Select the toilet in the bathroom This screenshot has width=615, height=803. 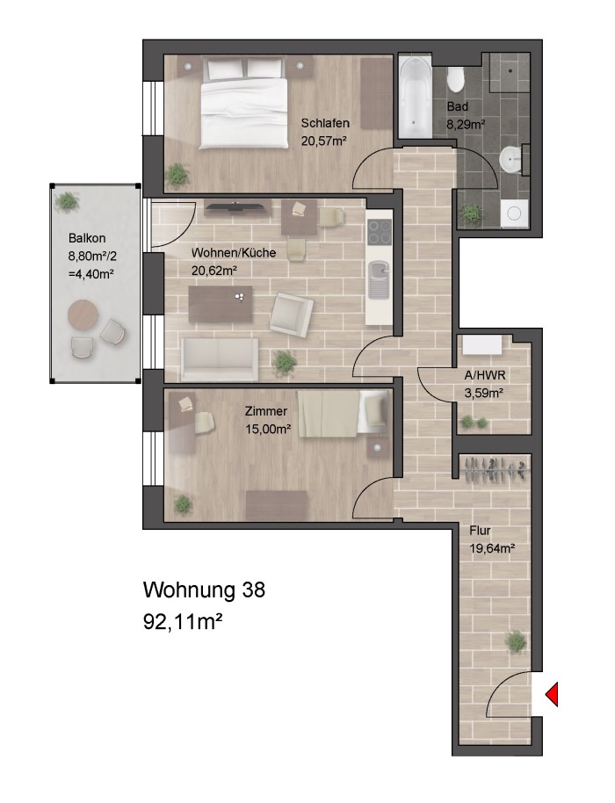[455, 80]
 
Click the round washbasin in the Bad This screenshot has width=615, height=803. [510, 161]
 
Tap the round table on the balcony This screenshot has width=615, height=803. [84, 314]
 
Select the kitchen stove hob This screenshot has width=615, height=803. [379, 232]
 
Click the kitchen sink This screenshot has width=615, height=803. [379, 280]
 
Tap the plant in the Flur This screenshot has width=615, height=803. [517, 643]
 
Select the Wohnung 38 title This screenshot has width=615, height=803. [203, 590]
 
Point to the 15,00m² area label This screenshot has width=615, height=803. [268, 429]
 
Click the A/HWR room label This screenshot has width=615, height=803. [483, 375]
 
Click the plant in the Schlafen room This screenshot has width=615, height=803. [178, 173]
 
